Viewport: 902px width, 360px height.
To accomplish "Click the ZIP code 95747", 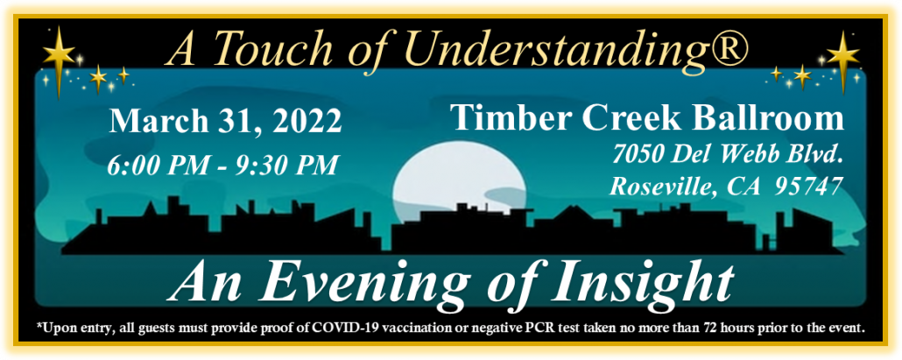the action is click(x=808, y=187).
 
